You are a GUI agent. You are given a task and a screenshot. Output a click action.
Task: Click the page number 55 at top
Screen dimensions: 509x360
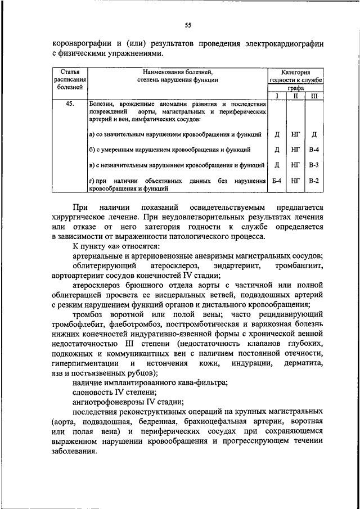point(188,24)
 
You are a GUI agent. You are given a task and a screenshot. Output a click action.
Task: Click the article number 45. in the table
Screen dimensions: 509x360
point(70,105)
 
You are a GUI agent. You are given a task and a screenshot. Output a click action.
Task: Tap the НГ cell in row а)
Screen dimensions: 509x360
point(295,135)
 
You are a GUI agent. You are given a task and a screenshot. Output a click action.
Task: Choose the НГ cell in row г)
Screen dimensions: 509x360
point(295,181)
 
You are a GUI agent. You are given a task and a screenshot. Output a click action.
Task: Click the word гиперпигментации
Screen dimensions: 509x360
point(85,364)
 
